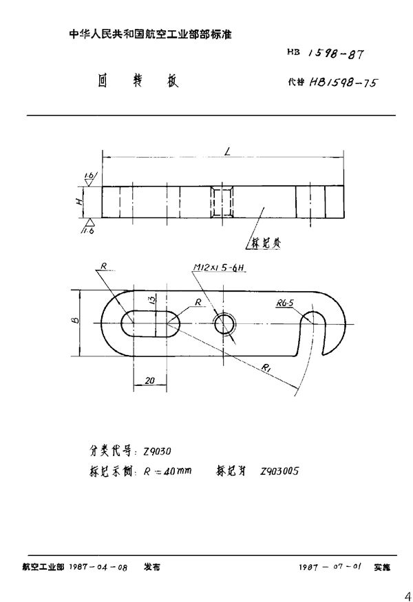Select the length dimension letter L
point(226,150)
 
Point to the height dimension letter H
point(80,201)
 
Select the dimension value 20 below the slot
point(150,380)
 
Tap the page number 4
point(405,593)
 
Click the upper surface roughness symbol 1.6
point(89,176)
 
